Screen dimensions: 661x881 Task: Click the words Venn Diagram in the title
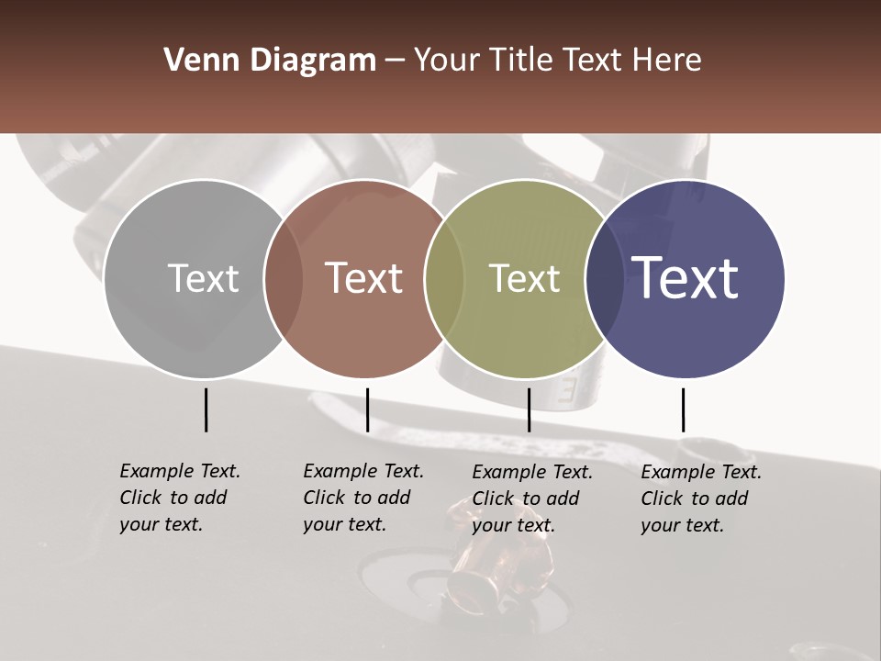(270, 61)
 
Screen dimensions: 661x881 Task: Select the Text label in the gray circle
(203, 279)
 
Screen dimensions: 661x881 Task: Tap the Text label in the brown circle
(363, 279)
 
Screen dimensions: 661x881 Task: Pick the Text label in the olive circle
(524, 279)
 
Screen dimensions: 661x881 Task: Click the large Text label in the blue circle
(686, 278)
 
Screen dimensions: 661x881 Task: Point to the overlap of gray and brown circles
(284, 279)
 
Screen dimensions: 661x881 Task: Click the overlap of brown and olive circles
(443, 279)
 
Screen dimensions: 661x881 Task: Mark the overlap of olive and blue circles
(604, 279)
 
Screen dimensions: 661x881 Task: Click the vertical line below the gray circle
(206, 409)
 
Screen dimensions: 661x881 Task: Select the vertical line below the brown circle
(367, 409)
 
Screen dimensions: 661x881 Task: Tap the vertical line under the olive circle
(529, 409)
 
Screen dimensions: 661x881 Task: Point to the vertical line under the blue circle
(683, 409)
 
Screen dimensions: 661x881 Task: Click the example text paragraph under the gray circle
(179, 498)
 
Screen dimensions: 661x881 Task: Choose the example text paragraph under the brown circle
(362, 498)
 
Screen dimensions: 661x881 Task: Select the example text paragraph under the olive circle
(531, 499)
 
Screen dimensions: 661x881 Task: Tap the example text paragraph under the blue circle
(700, 499)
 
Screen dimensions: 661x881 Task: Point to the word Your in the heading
(448, 61)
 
